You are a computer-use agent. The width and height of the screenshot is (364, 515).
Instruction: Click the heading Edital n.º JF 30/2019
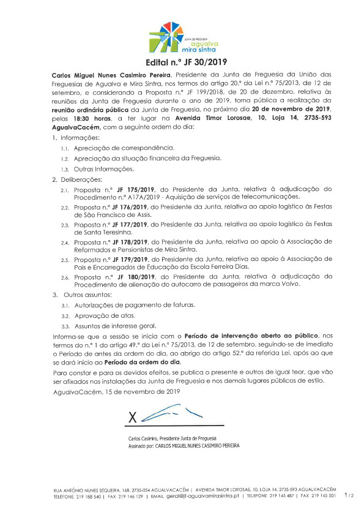182,63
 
